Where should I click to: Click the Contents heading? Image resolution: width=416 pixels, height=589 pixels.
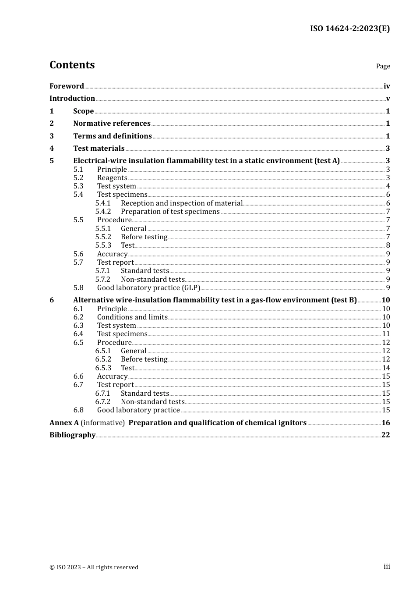[72, 65]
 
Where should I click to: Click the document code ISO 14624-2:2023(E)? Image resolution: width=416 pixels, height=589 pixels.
[349, 28]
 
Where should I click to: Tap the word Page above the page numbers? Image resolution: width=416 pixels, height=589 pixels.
[383, 66]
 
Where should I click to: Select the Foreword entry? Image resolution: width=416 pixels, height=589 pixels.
[67, 86]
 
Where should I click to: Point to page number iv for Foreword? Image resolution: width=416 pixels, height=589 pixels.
[387, 86]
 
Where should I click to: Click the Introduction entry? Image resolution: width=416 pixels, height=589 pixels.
[72, 99]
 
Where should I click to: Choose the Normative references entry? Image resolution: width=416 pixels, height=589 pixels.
[112, 124]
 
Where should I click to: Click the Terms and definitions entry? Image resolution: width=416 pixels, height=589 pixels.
[113, 136]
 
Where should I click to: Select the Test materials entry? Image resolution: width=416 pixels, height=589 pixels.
[99, 149]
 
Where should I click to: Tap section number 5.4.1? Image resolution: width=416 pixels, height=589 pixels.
[103, 203]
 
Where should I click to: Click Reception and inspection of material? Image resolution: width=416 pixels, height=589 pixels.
[182, 203]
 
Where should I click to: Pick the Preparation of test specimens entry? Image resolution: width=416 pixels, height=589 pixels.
[170, 212]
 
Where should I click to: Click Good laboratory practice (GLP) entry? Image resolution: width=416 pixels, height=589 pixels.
[148, 288]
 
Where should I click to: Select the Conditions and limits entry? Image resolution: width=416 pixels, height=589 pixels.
[132, 317]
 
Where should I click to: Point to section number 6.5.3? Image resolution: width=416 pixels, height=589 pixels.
[103, 368]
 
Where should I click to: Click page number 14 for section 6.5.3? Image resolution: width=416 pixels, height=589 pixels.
[386, 368]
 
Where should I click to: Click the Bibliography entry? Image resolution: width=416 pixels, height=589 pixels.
[72, 435]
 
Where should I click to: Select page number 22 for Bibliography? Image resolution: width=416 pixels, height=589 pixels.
[385, 435]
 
